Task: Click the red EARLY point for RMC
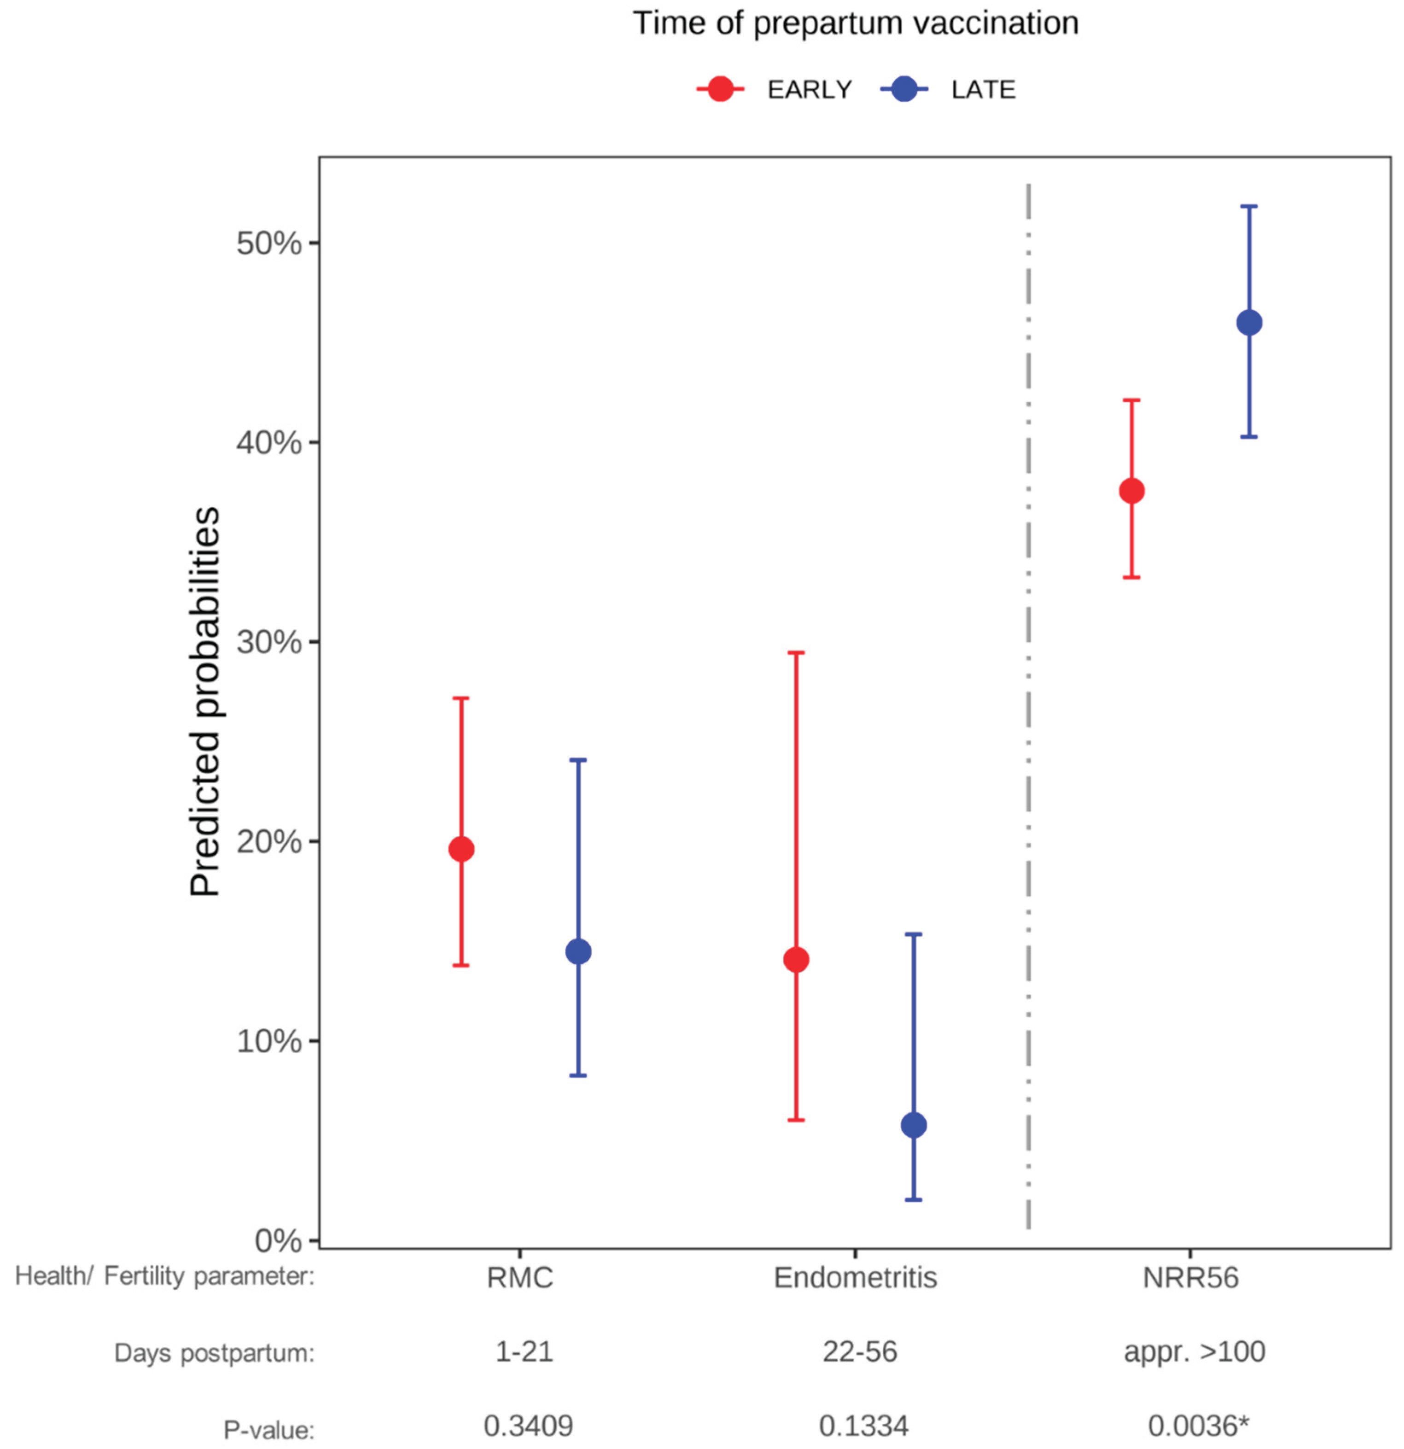coord(461,849)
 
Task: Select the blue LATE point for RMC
coord(578,951)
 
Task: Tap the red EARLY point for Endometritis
coord(796,960)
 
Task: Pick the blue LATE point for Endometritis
coord(914,1125)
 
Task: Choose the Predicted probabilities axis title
coord(206,702)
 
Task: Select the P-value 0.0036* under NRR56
coord(1198,1425)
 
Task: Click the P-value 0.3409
coord(528,1425)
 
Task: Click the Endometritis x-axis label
coord(855,1277)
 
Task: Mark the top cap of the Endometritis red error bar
coord(796,653)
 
